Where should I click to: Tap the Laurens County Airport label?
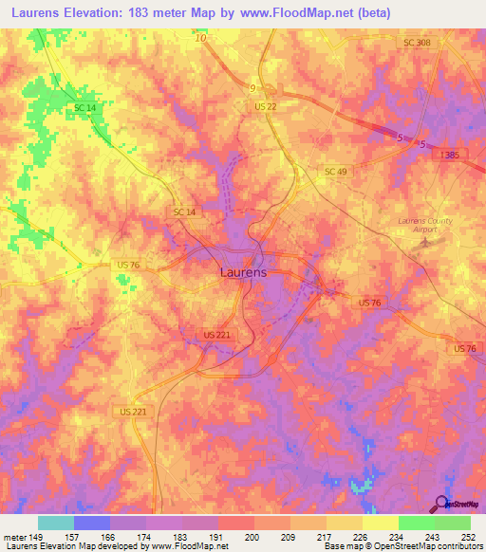tap(424, 225)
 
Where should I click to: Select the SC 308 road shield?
tap(417, 45)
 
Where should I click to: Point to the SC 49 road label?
tap(336, 171)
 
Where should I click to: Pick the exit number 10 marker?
tap(199, 38)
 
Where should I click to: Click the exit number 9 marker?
tap(252, 88)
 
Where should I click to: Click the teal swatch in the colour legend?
tap(56, 523)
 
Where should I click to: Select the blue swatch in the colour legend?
tap(92, 523)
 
